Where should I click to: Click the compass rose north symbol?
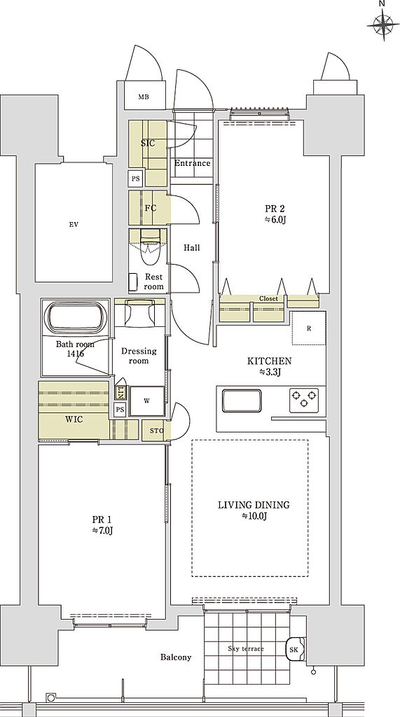coord(382,24)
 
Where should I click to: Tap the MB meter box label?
coord(144,97)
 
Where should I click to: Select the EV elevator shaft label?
coord(74,224)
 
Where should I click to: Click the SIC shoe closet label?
coord(147,143)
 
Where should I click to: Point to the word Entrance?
coord(192,162)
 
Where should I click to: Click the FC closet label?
coord(151,208)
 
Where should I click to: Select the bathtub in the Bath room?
coord(76,317)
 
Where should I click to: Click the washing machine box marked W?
coord(147,401)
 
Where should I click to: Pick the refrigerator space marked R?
coord(309,328)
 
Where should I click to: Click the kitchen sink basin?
coord(242,401)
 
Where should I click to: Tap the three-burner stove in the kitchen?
coord(304,398)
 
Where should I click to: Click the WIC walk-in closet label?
coord(74,419)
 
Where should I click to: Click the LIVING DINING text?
coord(254,506)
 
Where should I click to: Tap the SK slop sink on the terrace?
coord(294,649)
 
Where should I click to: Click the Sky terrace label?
coord(246,648)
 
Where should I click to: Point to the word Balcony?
coord(176,657)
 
